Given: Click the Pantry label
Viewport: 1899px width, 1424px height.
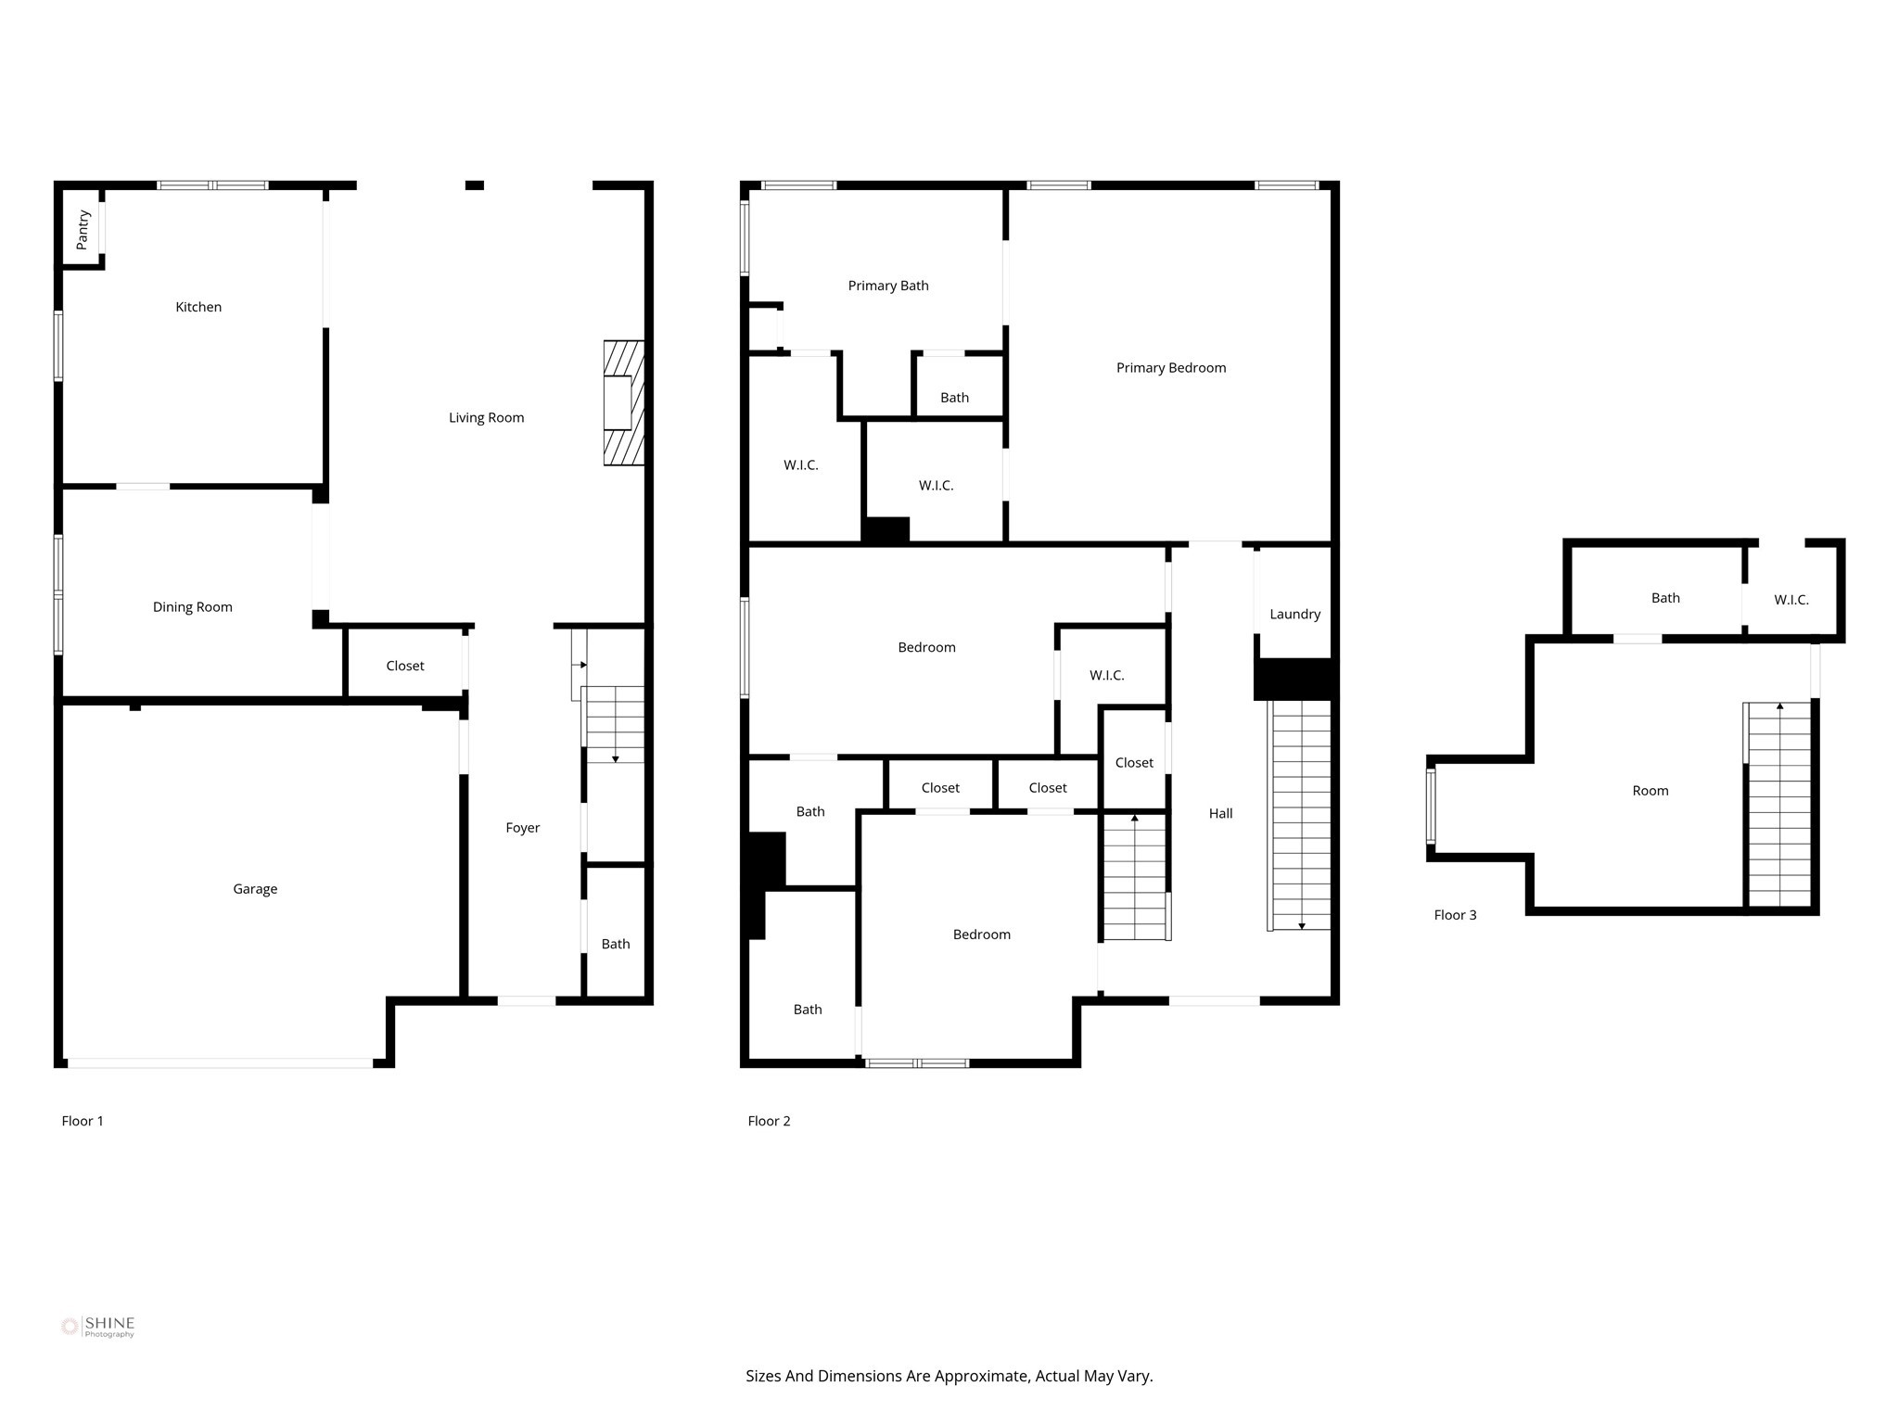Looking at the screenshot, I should (x=83, y=229).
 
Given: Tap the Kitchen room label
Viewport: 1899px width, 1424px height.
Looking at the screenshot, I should (x=198, y=307).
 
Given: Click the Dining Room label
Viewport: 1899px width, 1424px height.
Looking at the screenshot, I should (x=192, y=607).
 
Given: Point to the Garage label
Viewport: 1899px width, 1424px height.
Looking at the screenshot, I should (x=255, y=889).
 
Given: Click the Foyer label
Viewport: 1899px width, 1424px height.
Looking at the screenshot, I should (x=522, y=828).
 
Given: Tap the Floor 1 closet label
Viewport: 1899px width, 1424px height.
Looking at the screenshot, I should (x=405, y=666).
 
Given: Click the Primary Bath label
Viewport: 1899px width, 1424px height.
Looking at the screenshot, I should (x=887, y=286).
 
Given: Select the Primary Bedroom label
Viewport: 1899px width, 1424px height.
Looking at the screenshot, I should (x=1170, y=368).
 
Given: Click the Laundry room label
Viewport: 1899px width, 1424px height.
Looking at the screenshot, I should (x=1294, y=614).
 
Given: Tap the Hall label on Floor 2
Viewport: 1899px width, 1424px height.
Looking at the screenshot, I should (x=1220, y=813).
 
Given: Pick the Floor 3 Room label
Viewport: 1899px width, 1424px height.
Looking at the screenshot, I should (x=1650, y=791).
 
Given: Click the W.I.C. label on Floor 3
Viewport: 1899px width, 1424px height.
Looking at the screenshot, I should (x=1791, y=600).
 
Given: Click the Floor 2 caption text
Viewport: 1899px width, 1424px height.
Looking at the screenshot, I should (x=769, y=1121).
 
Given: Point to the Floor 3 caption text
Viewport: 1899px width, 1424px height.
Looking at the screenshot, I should (x=1455, y=915).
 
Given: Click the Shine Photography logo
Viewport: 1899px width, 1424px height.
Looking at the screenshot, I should (x=97, y=1327).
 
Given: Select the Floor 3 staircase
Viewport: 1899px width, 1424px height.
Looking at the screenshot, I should (x=1778, y=805).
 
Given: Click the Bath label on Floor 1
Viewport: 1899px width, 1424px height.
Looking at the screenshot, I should (x=615, y=944).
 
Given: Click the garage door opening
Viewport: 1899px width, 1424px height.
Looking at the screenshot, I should (x=221, y=1063).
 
